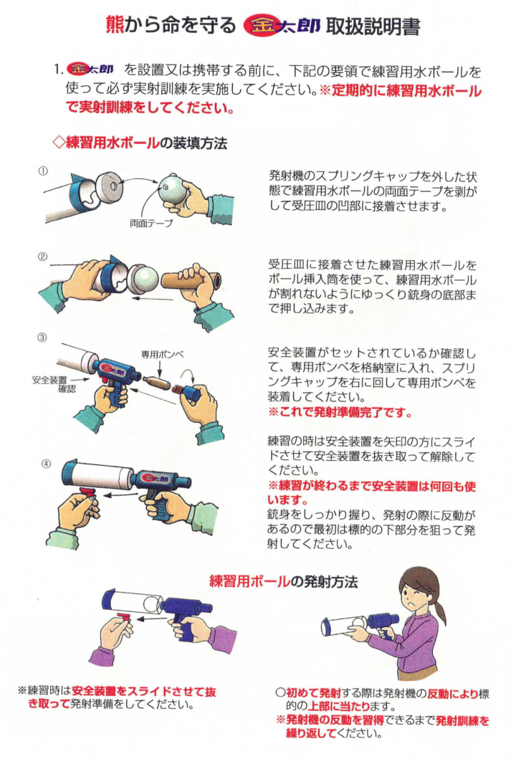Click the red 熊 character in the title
115,25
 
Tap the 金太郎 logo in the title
282,25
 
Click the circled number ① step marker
44,171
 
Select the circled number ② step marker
43,257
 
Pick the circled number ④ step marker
46,464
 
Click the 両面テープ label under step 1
151,224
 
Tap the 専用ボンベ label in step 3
162,354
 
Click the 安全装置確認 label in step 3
54,384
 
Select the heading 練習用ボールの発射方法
283,581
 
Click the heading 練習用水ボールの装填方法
140,143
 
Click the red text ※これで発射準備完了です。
340,412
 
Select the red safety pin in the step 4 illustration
87,491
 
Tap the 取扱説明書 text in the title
373,25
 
